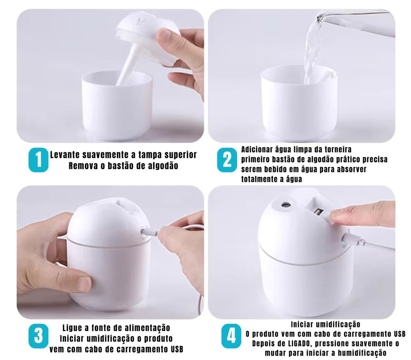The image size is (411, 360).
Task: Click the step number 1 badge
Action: [38, 160]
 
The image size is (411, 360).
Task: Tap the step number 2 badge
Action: [227, 160]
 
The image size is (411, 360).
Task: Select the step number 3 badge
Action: [38, 336]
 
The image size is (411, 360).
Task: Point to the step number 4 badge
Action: [231, 336]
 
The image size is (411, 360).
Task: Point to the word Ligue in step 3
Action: [72, 328]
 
